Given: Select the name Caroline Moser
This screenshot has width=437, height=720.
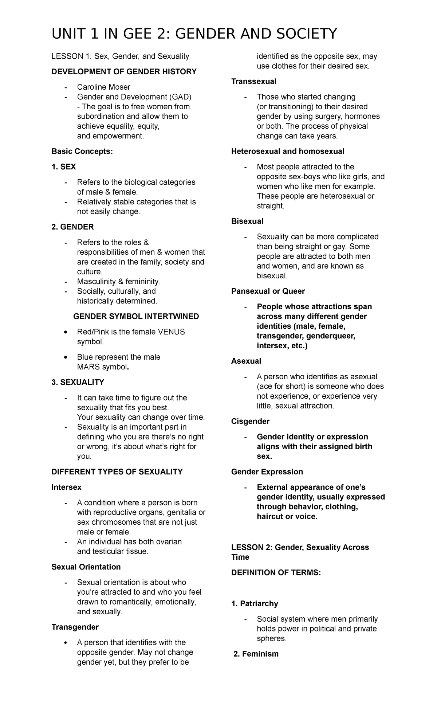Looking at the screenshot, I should coord(103,87).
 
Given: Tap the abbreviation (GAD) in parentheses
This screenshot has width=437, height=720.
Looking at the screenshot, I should coord(180,97).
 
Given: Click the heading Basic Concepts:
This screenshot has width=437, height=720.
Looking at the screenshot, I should coord(82,151).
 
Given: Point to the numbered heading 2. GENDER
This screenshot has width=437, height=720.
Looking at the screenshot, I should coord(72,227).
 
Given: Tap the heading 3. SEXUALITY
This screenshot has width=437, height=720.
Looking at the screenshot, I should coord(78,382).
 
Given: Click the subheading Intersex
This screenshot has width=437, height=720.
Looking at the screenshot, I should coord(66,487).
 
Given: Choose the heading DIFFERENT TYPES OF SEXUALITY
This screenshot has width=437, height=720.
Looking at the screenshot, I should coord(117,472).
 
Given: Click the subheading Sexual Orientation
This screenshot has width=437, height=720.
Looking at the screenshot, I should coord(86,567).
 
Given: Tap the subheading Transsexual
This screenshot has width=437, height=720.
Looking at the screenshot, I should coord(254,81).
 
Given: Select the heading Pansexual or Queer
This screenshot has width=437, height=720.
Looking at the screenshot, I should coord(268,291).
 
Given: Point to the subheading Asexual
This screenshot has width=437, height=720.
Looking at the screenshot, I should coord(246,361).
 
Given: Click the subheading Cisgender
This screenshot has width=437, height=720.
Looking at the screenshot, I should coord(251,421).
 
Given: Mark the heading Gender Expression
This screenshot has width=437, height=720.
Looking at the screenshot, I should coord(267,472).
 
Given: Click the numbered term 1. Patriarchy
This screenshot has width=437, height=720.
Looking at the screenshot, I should coord(255,604).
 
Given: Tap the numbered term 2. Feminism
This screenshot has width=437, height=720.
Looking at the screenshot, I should coord(256,654).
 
